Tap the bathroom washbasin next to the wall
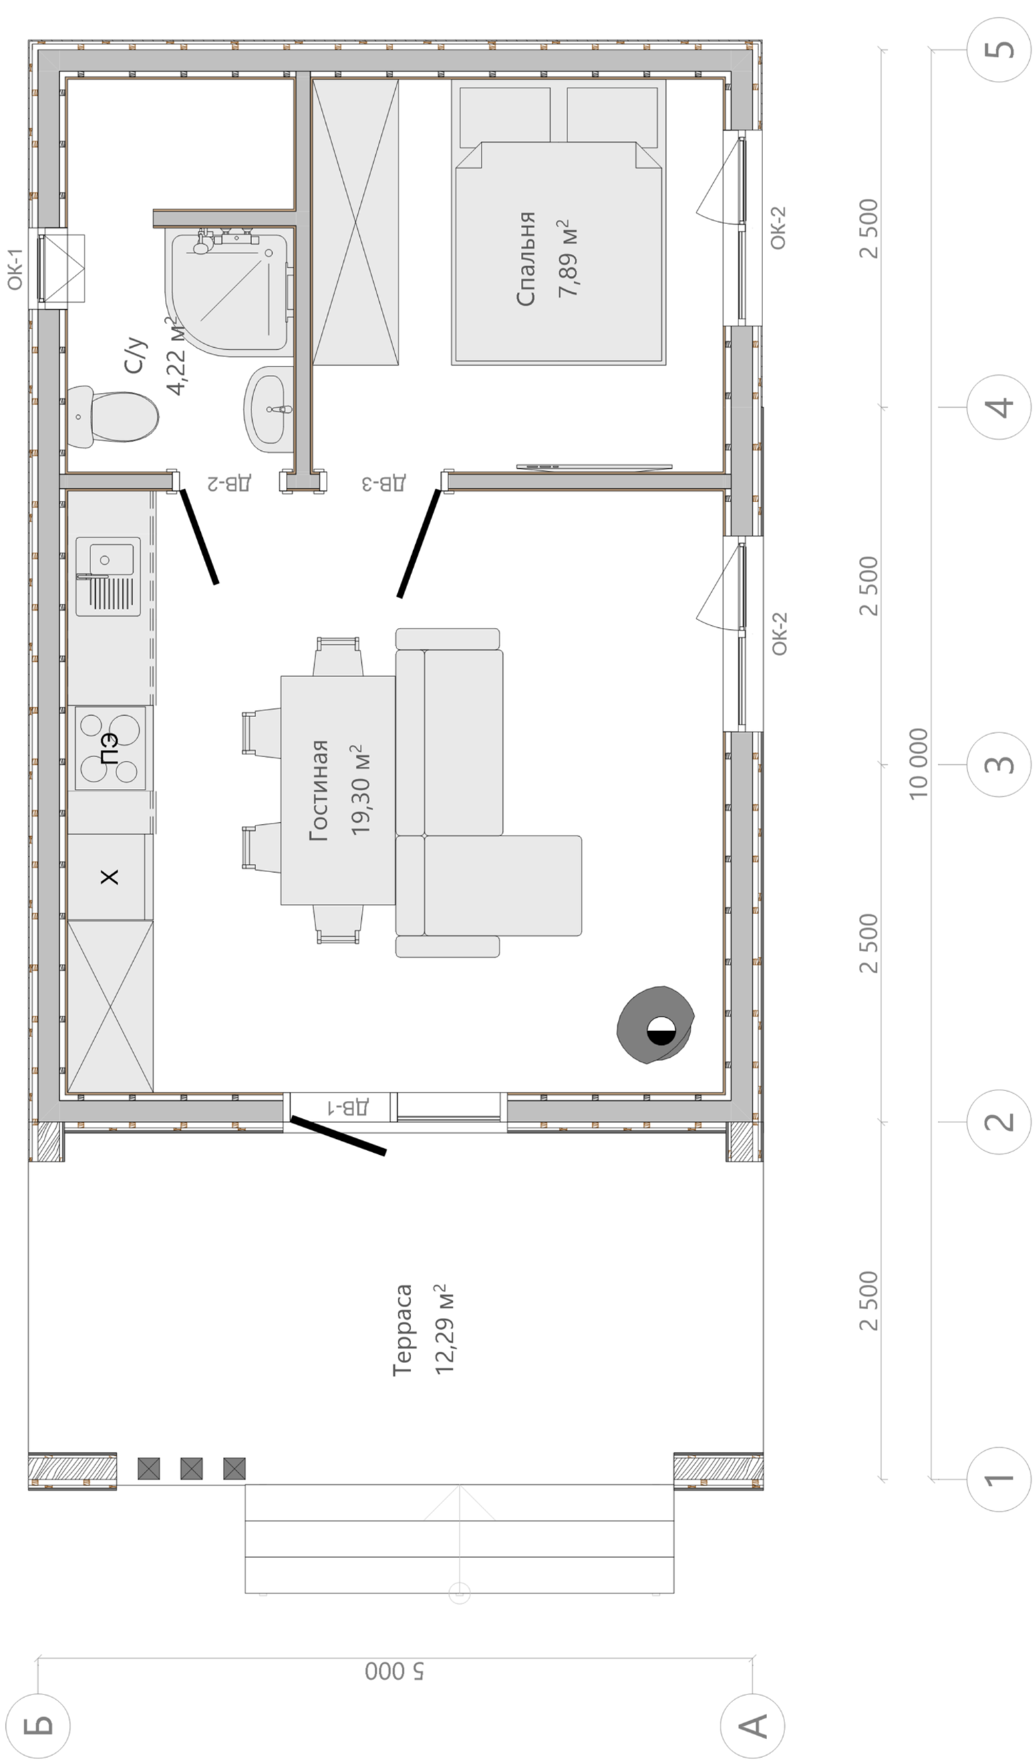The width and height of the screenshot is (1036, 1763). pyautogui.click(x=268, y=409)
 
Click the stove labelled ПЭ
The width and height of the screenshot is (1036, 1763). pyautogui.click(x=111, y=749)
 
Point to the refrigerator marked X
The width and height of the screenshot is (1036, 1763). pyautogui.click(x=110, y=877)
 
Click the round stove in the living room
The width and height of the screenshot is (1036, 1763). pyautogui.click(x=655, y=1025)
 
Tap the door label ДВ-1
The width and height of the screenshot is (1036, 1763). pyautogui.click(x=348, y=1107)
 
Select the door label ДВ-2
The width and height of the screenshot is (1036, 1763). pyautogui.click(x=229, y=483)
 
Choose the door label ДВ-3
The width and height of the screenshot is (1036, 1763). pyautogui.click(x=383, y=483)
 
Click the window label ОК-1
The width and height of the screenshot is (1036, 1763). pyautogui.click(x=15, y=269)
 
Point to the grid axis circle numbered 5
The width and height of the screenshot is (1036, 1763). pyautogui.click(x=999, y=50)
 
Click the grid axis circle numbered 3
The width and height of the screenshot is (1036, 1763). pyautogui.click(x=999, y=764)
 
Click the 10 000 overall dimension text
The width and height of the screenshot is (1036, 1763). pyautogui.click(x=918, y=763)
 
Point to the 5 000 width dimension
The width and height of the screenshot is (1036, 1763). pyautogui.click(x=394, y=1671)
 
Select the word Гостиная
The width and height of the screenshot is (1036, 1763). pyautogui.click(x=318, y=790)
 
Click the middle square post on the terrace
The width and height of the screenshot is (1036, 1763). pyautogui.click(x=191, y=1468)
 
